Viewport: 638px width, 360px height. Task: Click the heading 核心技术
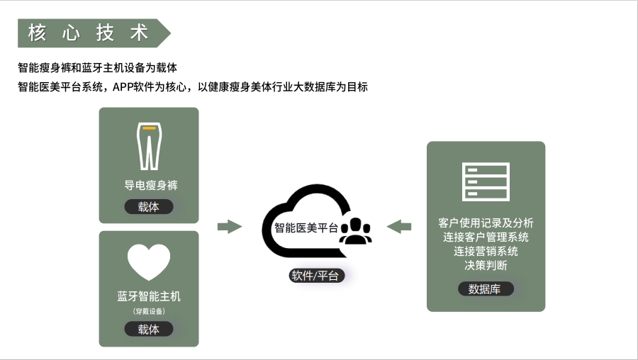point(88,33)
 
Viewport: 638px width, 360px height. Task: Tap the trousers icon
point(149,146)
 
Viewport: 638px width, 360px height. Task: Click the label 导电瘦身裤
point(149,186)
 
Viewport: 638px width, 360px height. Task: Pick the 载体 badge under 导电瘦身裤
point(149,207)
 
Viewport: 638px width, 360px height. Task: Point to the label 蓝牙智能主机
point(149,296)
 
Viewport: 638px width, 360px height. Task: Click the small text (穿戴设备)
point(149,311)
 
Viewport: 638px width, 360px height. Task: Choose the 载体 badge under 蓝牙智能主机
point(149,329)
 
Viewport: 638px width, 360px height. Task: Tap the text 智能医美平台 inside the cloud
point(306,228)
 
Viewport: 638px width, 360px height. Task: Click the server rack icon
point(486,181)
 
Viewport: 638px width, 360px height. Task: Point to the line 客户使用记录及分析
point(486,223)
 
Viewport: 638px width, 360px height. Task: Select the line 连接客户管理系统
point(486,237)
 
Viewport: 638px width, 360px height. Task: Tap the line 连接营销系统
point(486,251)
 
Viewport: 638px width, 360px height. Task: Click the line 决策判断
point(486,265)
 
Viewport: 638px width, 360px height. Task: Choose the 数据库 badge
point(486,289)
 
